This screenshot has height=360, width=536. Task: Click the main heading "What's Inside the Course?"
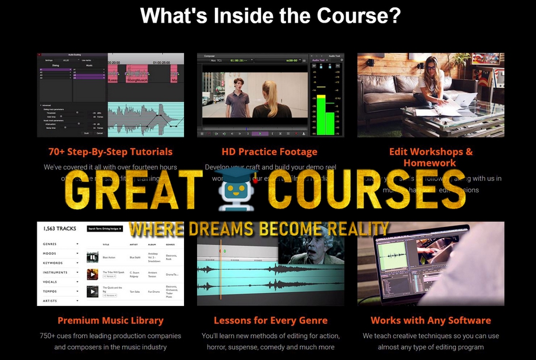point(270,16)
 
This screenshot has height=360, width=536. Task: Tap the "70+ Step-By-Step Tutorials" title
point(110,151)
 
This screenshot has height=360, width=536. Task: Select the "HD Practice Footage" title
point(269,151)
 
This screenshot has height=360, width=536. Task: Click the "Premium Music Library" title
point(110,320)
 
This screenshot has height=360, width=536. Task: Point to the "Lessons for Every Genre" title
point(271,320)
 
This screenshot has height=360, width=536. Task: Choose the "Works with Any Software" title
point(430,320)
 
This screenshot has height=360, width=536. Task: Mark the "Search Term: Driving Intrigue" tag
point(104,228)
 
